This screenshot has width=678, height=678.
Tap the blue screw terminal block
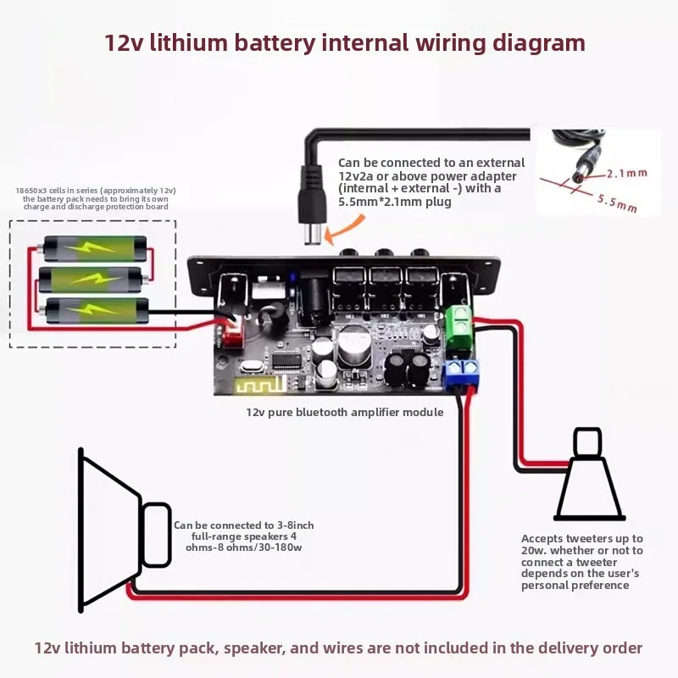[463, 374]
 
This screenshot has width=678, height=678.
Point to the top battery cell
[95, 248]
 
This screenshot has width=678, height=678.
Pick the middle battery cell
[92, 280]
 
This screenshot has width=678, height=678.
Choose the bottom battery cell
[95, 310]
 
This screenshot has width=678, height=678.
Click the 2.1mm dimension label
[627, 174]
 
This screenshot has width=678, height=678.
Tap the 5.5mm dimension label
[618, 203]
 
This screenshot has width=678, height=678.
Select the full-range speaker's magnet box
[157, 535]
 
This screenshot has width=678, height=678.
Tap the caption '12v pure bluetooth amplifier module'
[345, 412]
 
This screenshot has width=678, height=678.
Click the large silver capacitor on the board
[354, 346]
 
